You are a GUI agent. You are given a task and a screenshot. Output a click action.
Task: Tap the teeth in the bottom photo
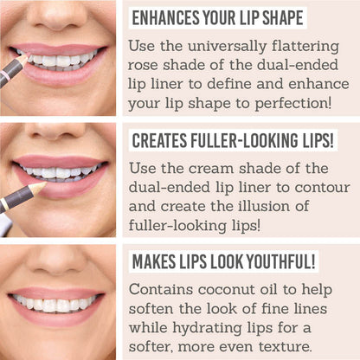(56, 305)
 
